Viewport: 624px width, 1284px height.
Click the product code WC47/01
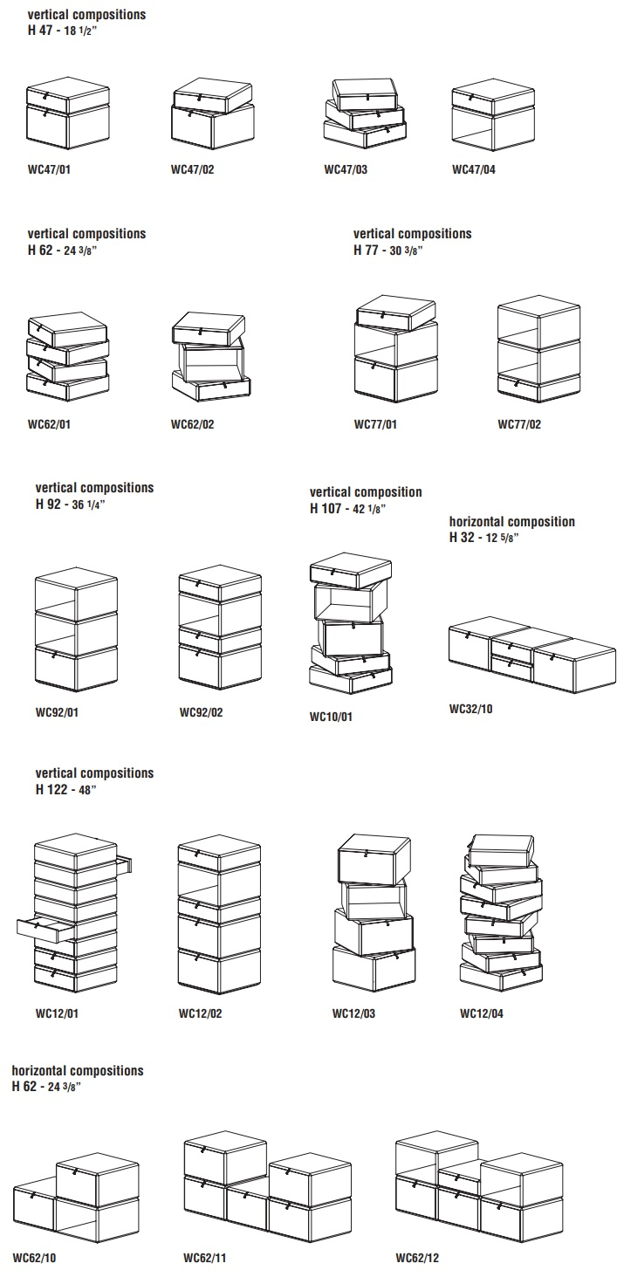click(49, 169)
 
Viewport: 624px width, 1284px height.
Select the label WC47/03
click(346, 169)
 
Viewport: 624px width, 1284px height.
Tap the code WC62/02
click(193, 425)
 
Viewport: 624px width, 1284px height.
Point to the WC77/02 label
click(519, 425)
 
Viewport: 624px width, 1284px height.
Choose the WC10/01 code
click(331, 718)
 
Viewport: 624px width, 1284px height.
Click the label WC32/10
click(471, 709)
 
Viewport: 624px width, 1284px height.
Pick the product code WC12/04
click(482, 1013)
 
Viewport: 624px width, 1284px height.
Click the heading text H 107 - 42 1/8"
click(348, 508)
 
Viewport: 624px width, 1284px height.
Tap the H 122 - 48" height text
click(66, 790)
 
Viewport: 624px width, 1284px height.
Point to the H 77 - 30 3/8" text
click(387, 250)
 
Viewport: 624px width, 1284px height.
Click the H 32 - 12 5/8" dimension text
click(484, 538)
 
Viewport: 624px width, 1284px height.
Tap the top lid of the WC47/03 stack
click(365, 93)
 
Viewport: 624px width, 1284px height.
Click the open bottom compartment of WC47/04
click(493, 131)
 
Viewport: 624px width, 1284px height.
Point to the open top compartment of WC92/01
click(76, 594)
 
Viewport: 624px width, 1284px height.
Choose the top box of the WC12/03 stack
click(374, 857)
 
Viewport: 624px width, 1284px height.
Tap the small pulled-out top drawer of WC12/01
click(124, 864)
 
